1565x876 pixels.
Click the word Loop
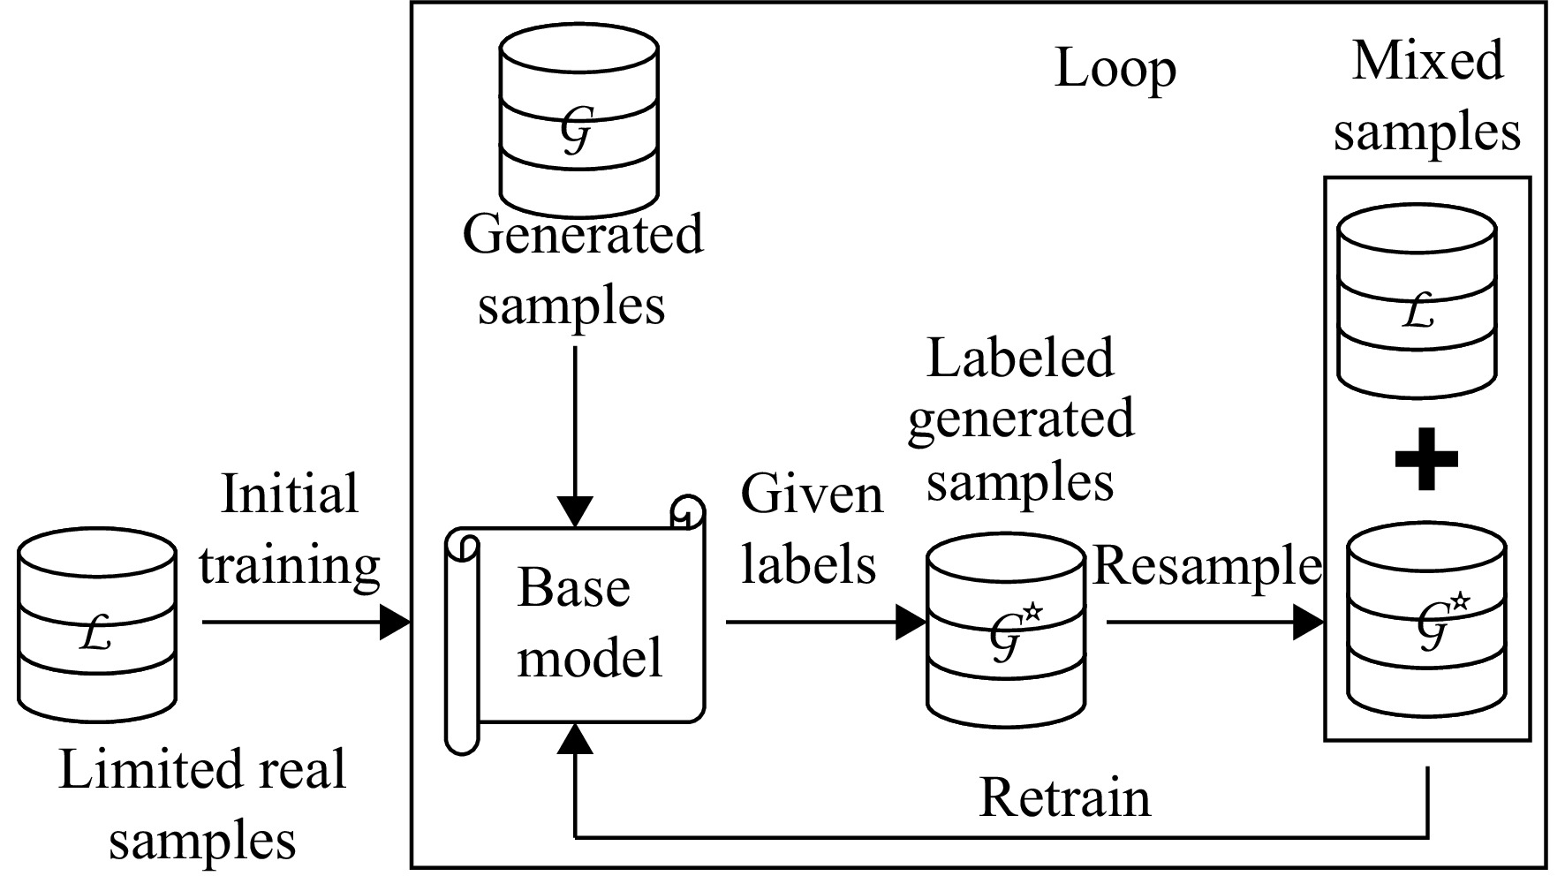click(1115, 70)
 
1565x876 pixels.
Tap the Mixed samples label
click(1427, 97)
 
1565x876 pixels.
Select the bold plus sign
click(1426, 458)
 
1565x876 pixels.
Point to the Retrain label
click(1065, 797)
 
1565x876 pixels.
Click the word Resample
click(1208, 566)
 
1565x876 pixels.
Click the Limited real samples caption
click(202, 804)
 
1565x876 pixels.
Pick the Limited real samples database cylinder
click(97, 626)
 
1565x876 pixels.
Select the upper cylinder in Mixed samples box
click(1418, 301)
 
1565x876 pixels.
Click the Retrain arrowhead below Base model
click(575, 738)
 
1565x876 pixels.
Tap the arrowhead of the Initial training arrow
click(396, 623)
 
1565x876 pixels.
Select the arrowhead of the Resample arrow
click(1309, 623)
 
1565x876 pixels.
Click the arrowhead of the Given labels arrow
click(911, 623)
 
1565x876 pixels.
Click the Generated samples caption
click(583, 270)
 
